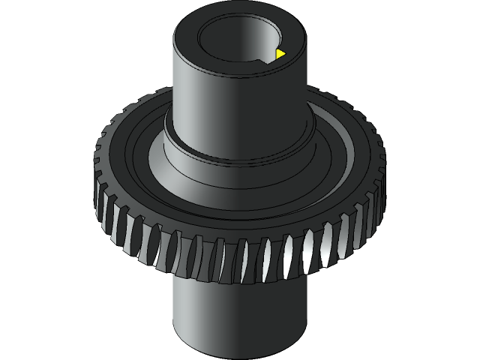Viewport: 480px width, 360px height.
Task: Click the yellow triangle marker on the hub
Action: tap(280, 54)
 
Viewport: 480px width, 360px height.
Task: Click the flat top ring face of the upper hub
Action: tap(187, 34)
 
